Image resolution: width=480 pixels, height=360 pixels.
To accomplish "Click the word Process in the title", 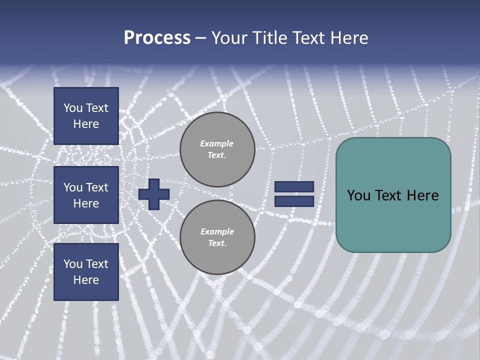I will point(157,38).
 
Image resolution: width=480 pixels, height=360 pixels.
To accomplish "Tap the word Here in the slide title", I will point(349,38).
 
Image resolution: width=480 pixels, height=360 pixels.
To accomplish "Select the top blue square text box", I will point(86,116).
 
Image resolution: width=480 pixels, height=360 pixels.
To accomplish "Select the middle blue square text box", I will point(86,195).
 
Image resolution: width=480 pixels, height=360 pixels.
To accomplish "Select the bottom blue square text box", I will point(86,272).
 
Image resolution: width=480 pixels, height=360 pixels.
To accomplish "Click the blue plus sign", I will point(154,194).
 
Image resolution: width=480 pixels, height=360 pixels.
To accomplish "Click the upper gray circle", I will point(217,149).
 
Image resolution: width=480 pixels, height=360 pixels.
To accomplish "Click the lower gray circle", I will point(217,237).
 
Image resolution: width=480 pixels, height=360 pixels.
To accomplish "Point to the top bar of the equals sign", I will point(294,187).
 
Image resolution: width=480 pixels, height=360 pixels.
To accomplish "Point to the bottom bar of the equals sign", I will point(294,201).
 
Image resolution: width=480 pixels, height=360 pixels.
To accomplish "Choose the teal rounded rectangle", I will point(393,195).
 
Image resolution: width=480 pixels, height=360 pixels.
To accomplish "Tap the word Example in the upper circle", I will point(217,143).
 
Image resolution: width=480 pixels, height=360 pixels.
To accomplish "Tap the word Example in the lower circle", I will point(217,231).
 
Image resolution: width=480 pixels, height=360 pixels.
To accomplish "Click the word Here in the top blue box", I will point(86,124).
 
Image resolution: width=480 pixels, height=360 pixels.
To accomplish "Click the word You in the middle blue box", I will point(73,187).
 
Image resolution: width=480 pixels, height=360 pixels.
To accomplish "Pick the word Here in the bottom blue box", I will point(86,280).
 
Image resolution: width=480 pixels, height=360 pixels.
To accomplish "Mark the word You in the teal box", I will point(358,195).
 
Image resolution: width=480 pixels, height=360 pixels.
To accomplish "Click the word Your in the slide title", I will point(230,38).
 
